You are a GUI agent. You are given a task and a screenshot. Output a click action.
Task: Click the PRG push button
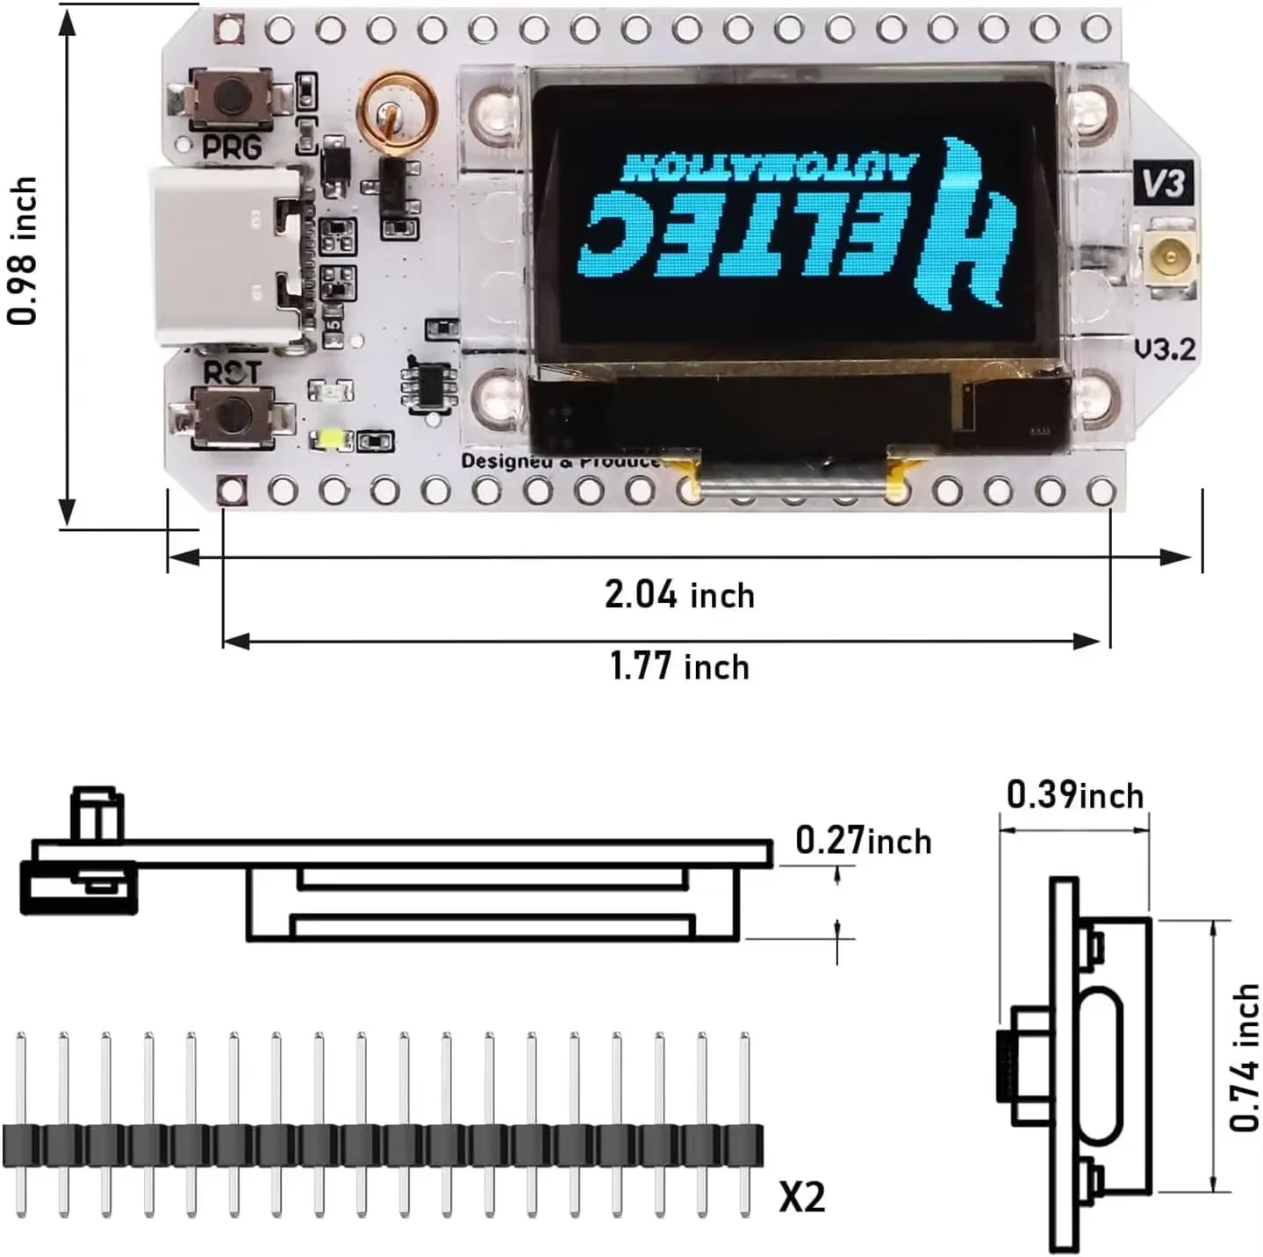tap(232, 97)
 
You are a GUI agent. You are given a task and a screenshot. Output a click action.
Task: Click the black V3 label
tap(1164, 183)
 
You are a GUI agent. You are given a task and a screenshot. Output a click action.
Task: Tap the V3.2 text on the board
tap(1164, 349)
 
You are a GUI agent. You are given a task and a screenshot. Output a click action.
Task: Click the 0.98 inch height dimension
tap(24, 250)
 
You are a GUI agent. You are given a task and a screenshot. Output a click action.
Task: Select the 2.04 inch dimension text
tap(679, 595)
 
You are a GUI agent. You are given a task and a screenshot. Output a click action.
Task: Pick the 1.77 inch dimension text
tap(679, 667)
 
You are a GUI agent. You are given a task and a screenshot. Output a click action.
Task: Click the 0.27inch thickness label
tap(863, 841)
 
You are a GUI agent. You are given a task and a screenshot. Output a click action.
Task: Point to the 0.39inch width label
tap(1074, 795)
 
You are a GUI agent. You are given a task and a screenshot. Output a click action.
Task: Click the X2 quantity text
tap(801, 1196)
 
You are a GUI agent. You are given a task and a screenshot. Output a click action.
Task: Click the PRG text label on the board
tap(232, 147)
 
